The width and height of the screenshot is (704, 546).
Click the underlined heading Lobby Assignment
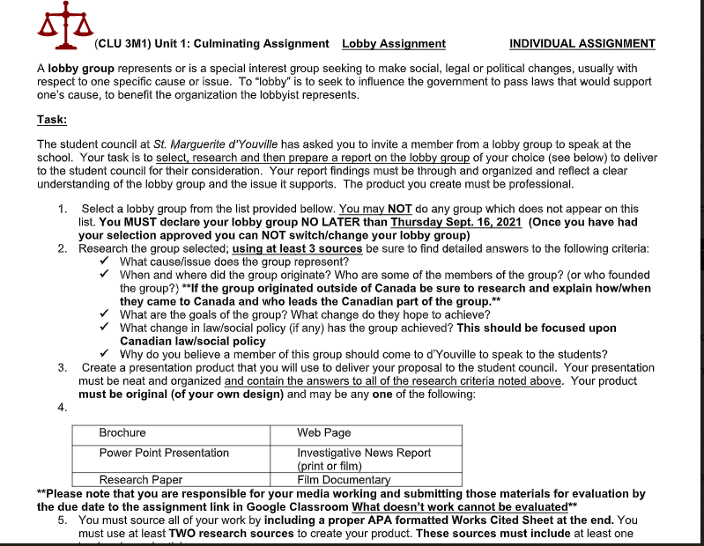pyautogui.click(x=394, y=44)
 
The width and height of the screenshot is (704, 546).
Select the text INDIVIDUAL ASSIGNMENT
pyautogui.click(x=582, y=44)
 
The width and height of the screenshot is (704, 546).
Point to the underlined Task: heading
pyautogui.click(x=52, y=120)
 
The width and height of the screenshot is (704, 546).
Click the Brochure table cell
pyautogui.click(x=122, y=433)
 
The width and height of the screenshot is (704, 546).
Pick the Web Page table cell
pyautogui.click(x=324, y=433)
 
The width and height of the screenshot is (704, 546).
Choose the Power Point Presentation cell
pyautogui.click(x=164, y=453)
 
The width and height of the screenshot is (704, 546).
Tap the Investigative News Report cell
pyautogui.click(x=364, y=459)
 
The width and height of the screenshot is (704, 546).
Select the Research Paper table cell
pyautogui.click(x=141, y=480)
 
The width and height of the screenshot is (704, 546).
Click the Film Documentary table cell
pyautogui.click(x=344, y=480)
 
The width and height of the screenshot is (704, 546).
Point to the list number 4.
pyautogui.click(x=62, y=407)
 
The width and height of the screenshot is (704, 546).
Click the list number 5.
pyautogui.click(x=62, y=520)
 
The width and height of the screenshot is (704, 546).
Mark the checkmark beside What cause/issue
pyautogui.click(x=105, y=262)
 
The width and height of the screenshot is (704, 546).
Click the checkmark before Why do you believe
pyautogui.click(x=105, y=354)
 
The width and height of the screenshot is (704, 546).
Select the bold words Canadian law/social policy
pyautogui.click(x=192, y=341)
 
